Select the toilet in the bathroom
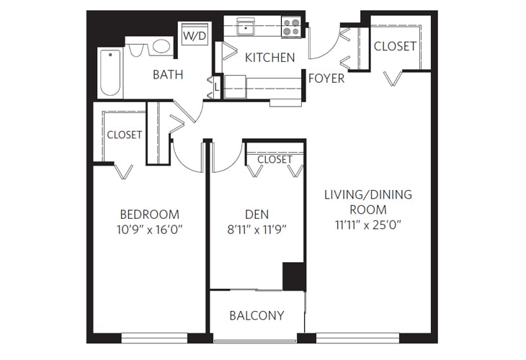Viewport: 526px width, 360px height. click(138, 50)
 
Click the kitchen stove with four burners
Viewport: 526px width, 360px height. click(291, 27)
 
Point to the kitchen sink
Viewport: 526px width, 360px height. click(246, 28)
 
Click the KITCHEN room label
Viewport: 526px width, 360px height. click(269, 57)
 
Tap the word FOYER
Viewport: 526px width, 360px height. click(326, 78)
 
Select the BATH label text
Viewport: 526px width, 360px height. click(167, 74)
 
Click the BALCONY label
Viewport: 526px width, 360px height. click(257, 315)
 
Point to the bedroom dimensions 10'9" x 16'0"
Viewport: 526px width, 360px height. click(149, 230)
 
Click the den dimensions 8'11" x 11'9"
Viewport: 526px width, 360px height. click(256, 230)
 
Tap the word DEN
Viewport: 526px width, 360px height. click(256, 214)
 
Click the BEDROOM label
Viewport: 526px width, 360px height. click(149, 215)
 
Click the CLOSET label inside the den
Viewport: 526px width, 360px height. click(275, 159)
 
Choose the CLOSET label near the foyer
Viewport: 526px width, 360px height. click(395, 46)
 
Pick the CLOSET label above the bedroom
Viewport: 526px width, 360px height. click(124, 135)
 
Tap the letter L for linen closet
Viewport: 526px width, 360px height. click(217, 88)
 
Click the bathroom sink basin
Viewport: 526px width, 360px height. click(161, 48)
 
